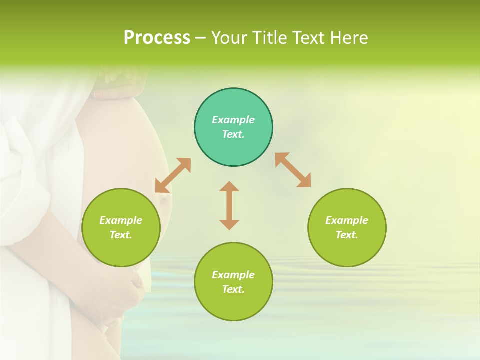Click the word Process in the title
(157, 38)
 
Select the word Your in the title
(230, 38)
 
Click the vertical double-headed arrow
(229, 205)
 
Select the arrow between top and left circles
(173, 175)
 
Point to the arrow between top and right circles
(293, 170)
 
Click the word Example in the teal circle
(233, 120)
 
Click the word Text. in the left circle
(121, 235)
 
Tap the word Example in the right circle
(347, 220)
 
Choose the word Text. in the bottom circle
(233, 289)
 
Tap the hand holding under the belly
(127, 295)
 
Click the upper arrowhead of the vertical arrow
(229, 187)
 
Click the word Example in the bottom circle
(233, 275)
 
